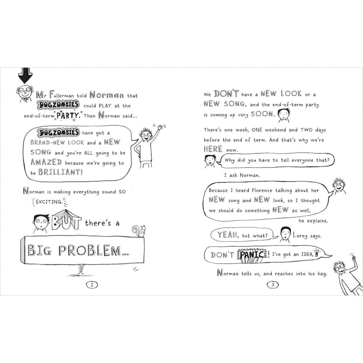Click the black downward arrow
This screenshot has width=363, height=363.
point(25,75)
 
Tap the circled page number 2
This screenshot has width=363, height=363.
point(92,284)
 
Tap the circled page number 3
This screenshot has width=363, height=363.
point(273,284)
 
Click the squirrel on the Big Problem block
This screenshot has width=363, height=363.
point(139,231)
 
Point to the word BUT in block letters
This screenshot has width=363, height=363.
point(66,220)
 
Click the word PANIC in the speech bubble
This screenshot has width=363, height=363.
point(252,255)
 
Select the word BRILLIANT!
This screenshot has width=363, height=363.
point(60,172)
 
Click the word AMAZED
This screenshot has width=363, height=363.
point(46,162)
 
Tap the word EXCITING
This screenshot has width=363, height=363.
point(49,202)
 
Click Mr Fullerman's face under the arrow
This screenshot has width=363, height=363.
point(25,92)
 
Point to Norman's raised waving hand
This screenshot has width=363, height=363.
point(160,127)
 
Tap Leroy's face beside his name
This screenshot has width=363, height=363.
point(286,233)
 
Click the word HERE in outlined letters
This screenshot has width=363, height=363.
point(213,149)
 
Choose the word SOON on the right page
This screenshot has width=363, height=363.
point(262,114)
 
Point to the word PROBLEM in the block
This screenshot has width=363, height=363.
point(89,250)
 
